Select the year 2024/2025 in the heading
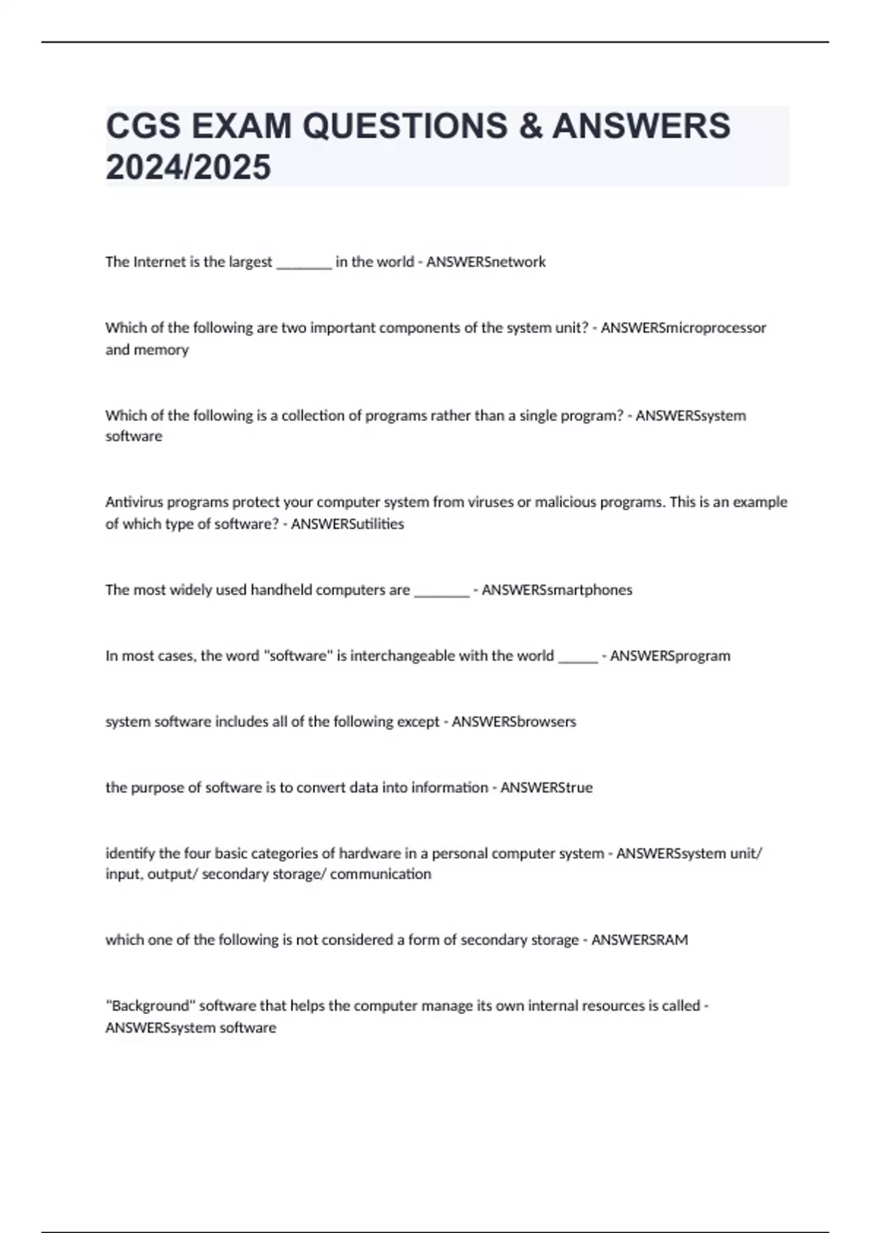[x=188, y=167]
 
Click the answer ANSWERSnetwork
[x=486, y=262]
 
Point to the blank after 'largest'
[x=304, y=264]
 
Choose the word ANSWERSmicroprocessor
[x=683, y=328]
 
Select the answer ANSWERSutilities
[x=347, y=524]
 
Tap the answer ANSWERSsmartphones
[x=557, y=590]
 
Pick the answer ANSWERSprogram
[x=670, y=656]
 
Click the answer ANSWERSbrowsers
[x=514, y=722]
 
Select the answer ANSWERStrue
[x=547, y=788]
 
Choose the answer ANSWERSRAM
[x=639, y=940]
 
